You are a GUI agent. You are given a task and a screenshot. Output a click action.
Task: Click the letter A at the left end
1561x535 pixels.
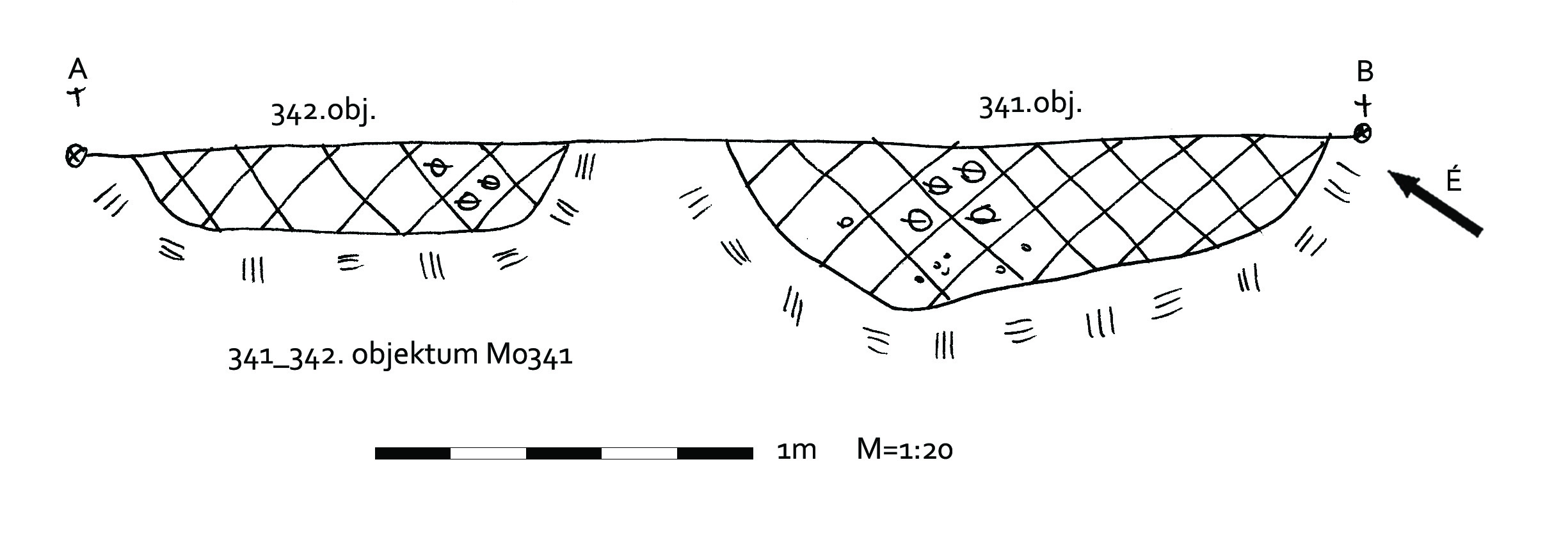point(77,69)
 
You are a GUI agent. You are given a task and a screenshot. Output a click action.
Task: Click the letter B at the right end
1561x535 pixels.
point(1365,72)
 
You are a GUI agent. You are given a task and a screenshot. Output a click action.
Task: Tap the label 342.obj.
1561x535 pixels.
point(323,113)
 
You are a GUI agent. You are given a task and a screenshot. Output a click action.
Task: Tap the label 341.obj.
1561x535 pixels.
point(1030,104)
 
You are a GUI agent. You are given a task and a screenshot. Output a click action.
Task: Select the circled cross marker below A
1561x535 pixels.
point(76,156)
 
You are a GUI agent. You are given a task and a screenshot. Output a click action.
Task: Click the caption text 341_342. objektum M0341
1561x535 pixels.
point(400,356)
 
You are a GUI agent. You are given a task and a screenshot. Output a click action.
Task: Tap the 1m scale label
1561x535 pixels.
point(796,451)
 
